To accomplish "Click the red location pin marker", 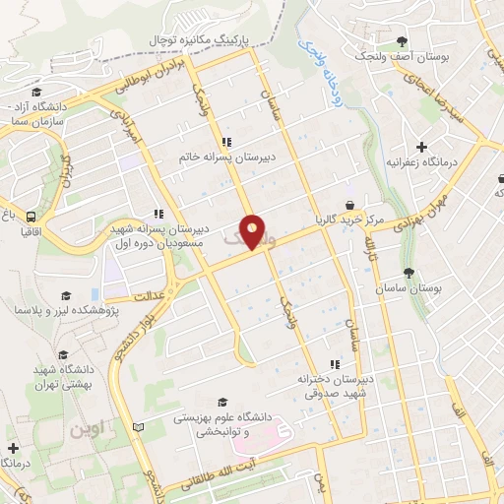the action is click(253, 232).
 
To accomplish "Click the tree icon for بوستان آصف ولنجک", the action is click(402, 41).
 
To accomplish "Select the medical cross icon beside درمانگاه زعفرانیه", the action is click(421, 147).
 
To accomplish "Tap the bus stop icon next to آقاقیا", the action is click(32, 218).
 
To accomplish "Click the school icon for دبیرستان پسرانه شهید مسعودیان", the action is click(157, 214).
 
